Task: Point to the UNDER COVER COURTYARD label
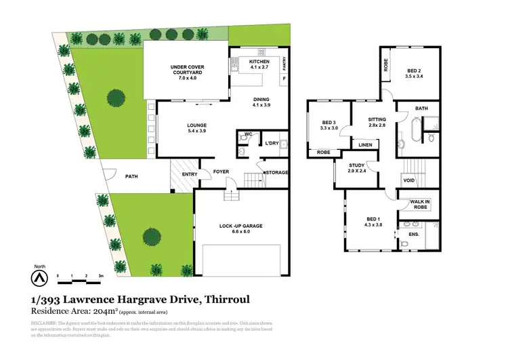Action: (188, 71)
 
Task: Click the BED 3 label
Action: (329, 125)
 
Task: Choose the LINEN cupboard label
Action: (364, 144)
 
